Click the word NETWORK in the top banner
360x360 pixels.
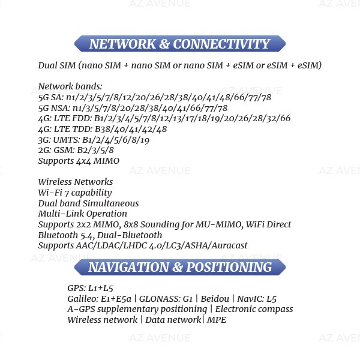pyautogui.click(x=122, y=44)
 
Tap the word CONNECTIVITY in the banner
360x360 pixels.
pyautogui.click(x=221, y=44)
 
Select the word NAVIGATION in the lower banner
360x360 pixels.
pyautogui.click(x=128, y=267)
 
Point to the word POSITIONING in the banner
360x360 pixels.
pyautogui.click(x=229, y=267)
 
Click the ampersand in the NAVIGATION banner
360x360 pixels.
pyautogui.click(x=178, y=267)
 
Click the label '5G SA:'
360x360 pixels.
pyautogui.click(x=51, y=97)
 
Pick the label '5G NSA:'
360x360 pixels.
pyautogui.click(x=54, y=108)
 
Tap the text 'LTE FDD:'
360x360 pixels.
pyautogui.click(x=73, y=118)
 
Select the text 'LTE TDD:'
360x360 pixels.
pyautogui.click(x=73, y=129)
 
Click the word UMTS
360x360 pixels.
pyautogui.click(x=67, y=140)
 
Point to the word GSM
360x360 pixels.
pyautogui.click(x=63, y=150)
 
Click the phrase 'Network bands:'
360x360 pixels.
pyautogui.click(x=70, y=86)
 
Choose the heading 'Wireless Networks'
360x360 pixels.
pyautogui.click(x=76, y=182)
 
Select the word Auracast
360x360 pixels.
pyautogui.click(x=229, y=245)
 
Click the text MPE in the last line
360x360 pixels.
pyautogui.click(x=217, y=320)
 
